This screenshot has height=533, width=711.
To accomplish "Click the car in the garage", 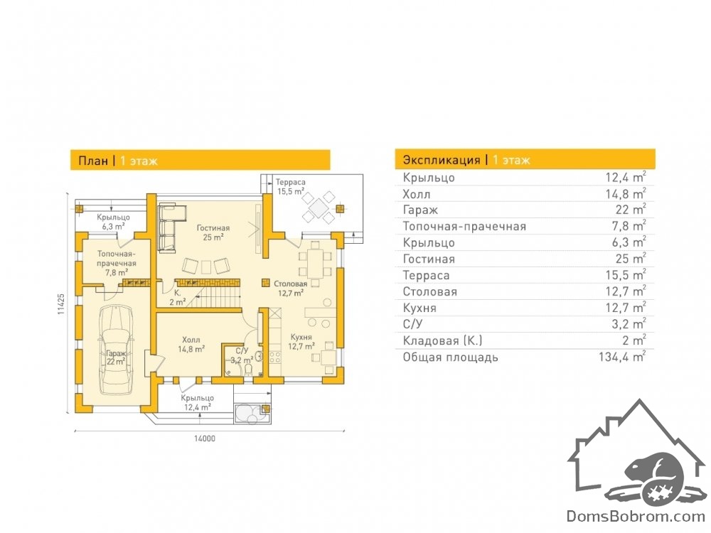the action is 117,350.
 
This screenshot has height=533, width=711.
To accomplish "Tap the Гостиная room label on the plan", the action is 213,228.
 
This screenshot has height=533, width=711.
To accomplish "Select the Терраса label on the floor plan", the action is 290,182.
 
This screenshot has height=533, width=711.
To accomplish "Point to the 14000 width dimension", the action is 205,438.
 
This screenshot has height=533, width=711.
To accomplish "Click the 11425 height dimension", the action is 61,303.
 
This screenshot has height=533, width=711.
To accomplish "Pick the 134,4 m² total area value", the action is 622,357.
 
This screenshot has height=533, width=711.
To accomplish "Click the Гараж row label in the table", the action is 420,210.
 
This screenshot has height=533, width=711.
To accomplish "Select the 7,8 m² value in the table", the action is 629,226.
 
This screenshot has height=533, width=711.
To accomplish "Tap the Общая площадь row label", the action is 450,357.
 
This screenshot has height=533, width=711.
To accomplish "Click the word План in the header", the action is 93,161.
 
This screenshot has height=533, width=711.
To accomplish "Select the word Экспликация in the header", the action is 442,160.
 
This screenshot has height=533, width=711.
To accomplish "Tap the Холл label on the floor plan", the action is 191,340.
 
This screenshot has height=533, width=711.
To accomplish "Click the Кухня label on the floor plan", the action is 301,337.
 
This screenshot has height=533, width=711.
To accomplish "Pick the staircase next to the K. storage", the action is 213,293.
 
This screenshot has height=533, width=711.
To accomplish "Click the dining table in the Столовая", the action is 315,263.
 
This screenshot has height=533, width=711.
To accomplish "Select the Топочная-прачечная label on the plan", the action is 117,259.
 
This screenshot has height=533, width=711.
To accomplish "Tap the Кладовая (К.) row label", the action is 442,340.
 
